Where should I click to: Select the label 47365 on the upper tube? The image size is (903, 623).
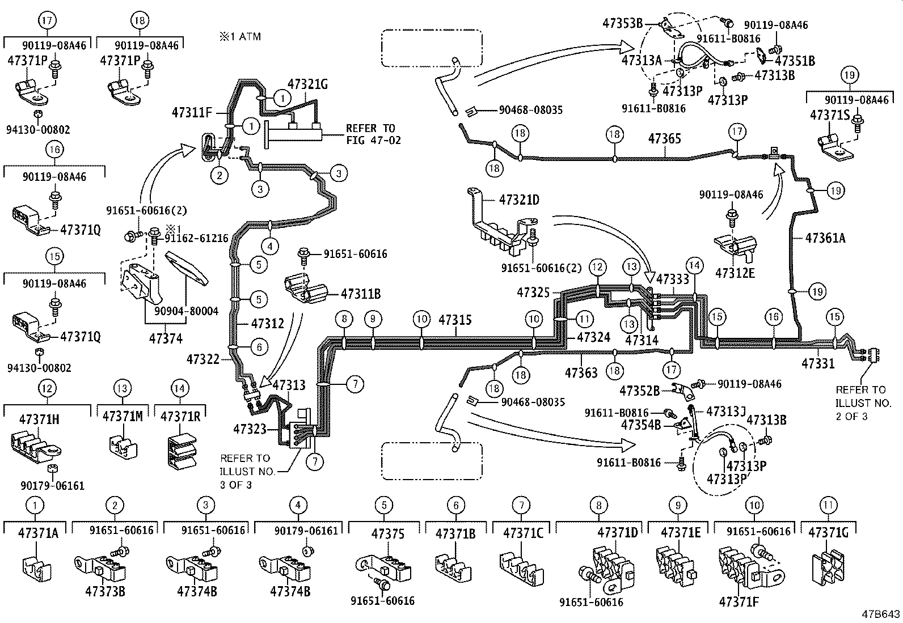tap(664, 138)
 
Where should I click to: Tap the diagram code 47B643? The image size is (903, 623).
tap(881, 614)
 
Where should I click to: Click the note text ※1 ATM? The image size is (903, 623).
tap(240, 37)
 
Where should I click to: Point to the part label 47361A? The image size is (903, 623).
tap(825, 238)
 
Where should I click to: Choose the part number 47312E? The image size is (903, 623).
tap(735, 273)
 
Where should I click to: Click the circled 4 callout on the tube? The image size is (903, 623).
tap(271, 247)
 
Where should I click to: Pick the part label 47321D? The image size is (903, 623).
tap(519, 200)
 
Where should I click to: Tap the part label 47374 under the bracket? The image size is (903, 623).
tap(166, 338)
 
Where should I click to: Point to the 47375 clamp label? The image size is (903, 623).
tap(388, 533)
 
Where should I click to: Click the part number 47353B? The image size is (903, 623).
tap(622, 23)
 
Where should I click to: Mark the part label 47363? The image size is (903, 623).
tap(581, 372)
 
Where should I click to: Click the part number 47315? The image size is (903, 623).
tap(454, 320)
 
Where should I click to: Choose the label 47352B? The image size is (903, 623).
tap(639, 391)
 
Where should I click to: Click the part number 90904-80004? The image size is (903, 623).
tap(187, 311)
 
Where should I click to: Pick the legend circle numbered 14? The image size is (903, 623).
tap(180, 388)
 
